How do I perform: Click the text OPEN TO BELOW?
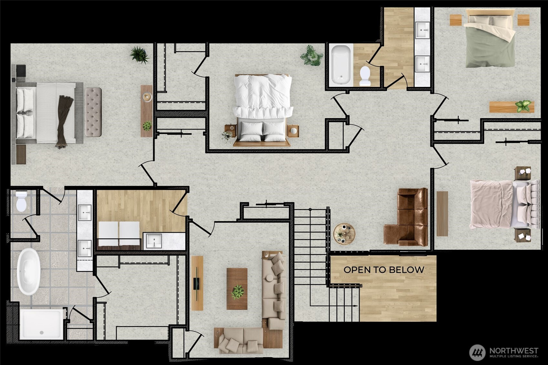(x=384, y=270)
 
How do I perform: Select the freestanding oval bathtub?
(x=28, y=271)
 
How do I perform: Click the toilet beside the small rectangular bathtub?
(x=365, y=76)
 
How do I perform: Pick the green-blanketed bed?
(x=490, y=38)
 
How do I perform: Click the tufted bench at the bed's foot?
(x=93, y=112)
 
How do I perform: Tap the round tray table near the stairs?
(x=344, y=234)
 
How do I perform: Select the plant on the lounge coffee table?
(x=238, y=292)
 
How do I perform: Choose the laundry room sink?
(x=154, y=241)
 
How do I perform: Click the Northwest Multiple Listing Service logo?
(x=504, y=352)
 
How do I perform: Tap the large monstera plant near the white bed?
(x=311, y=56)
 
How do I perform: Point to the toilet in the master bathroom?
(x=21, y=201)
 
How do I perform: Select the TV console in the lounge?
(x=197, y=283)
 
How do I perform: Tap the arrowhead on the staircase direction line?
(x=356, y=306)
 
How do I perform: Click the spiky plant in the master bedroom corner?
(x=139, y=55)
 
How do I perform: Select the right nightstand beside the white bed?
(x=293, y=131)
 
